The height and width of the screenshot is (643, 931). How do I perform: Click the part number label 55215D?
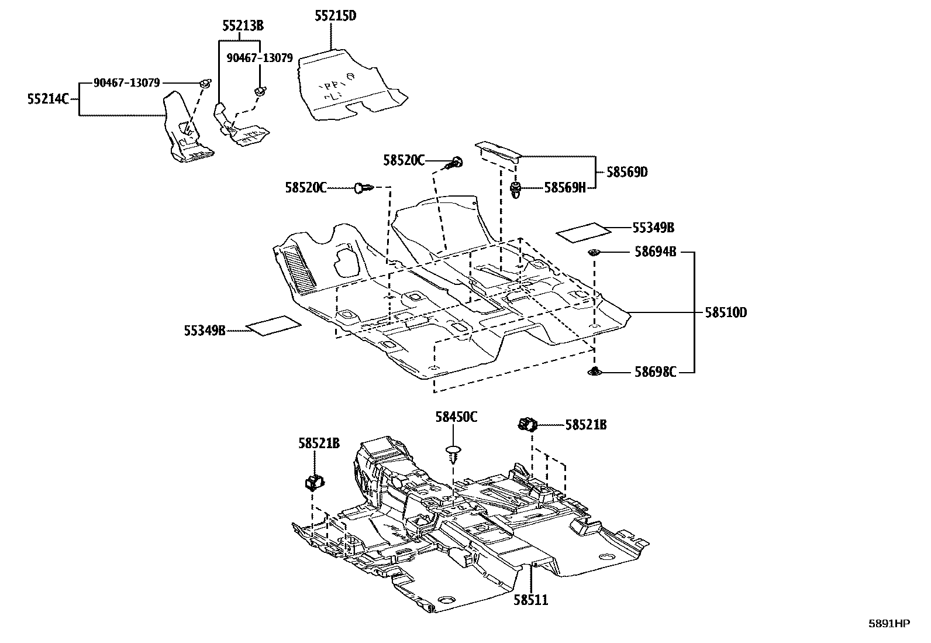[335, 16]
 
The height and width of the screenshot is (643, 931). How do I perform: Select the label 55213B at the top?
[243, 26]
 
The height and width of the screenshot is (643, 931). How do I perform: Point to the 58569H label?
[564, 187]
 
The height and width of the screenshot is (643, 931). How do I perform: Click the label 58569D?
[627, 172]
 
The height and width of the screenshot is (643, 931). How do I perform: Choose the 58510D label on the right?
[725, 313]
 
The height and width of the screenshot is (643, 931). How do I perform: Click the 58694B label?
[656, 252]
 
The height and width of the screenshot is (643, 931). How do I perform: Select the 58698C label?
[656, 372]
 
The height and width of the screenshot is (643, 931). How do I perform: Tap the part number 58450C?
[456, 417]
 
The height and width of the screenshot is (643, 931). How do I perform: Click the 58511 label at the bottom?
[531, 600]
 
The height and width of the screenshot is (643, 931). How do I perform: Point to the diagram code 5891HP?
[889, 624]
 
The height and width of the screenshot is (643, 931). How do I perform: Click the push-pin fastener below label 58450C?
[453, 452]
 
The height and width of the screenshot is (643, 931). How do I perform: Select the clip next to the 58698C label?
[595, 371]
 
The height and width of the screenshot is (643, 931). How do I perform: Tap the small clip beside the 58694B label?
[595, 252]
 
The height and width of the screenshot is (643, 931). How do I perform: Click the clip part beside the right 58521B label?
[528, 423]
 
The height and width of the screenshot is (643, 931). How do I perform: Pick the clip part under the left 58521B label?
[315, 482]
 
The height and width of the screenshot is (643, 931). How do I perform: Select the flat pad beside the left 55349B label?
[274, 325]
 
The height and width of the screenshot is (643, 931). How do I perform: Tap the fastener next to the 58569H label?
[516, 189]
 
